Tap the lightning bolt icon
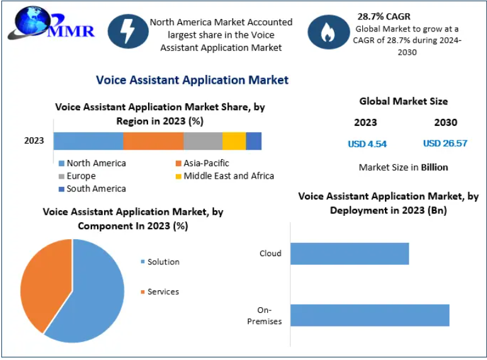tap(128, 31)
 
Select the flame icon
tap(328, 32)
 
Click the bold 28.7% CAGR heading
tap(384, 16)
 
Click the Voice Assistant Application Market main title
tap(192, 80)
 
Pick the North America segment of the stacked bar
tap(88, 141)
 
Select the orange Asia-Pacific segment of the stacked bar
tap(153, 141)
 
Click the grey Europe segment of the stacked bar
tap(203, 141)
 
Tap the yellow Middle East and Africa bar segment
tap(234, 141)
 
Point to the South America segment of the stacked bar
tap(253, 141)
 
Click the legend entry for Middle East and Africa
tap(224, 176)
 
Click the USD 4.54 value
tap(367, 144)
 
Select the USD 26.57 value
tap(445, 143)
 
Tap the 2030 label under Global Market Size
tap(445, 123)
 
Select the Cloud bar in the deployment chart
tap(350, 254)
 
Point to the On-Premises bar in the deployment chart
tap(370, 315)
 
